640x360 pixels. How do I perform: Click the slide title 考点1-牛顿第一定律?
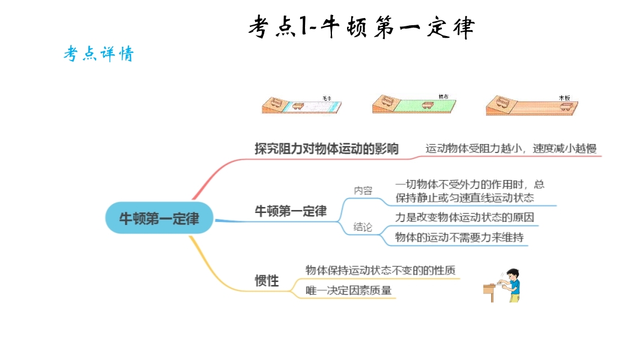361,27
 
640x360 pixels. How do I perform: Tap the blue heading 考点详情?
98,54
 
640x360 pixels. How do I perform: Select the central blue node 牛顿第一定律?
159,218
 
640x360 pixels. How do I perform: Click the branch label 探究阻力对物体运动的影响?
326,149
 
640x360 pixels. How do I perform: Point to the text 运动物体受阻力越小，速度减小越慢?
511,149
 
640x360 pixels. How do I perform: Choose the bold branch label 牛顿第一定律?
291,211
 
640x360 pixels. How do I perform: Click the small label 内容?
363,191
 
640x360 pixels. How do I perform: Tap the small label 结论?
363,227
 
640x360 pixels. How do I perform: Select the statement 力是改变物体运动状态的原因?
464,217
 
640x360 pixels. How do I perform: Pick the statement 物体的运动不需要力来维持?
459,238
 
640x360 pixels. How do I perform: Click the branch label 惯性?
267,280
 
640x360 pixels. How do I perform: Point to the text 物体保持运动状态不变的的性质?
380,270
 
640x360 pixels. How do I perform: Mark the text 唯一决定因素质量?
348,291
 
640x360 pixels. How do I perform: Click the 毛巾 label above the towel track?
327,97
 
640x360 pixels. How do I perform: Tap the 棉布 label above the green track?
443,96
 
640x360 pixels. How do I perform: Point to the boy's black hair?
512,273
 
